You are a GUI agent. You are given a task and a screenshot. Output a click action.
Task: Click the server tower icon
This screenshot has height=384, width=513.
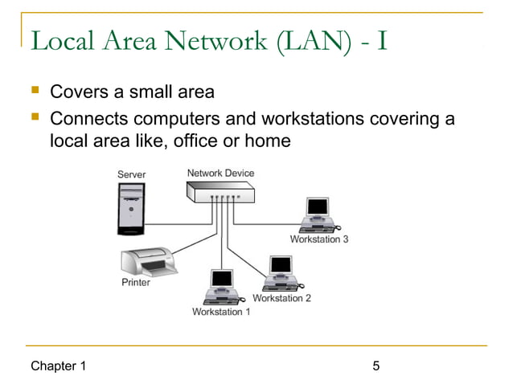pyautogui.click(x=130, y=208)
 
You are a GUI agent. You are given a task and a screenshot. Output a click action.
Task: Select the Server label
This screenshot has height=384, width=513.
pyautogui.click(x=131, y=174)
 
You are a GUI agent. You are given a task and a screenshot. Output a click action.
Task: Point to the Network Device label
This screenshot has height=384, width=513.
pyautogui.click(x=220, y=173)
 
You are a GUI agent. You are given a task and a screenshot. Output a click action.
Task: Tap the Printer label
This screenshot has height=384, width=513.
pyautogui.click(x=136, y=283)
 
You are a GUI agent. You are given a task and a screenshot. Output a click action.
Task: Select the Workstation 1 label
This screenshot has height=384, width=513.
pyautogui.click(x=221, y=312)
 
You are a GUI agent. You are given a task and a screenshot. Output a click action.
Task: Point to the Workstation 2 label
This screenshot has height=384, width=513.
pyautogui.click(x=281, y=298)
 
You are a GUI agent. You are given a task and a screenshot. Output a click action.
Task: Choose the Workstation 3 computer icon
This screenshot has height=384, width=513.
pyautogui.click(x=319, y=214)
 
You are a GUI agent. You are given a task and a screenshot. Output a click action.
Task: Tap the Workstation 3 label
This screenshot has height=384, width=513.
pyautogui.click(x=319, y=239)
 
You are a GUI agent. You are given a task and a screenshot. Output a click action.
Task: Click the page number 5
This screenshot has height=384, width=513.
pyautogui.click(x=376, y=367)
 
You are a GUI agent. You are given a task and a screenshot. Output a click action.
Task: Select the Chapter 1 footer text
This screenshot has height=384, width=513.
pyautogui.click(x=58, y=367)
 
